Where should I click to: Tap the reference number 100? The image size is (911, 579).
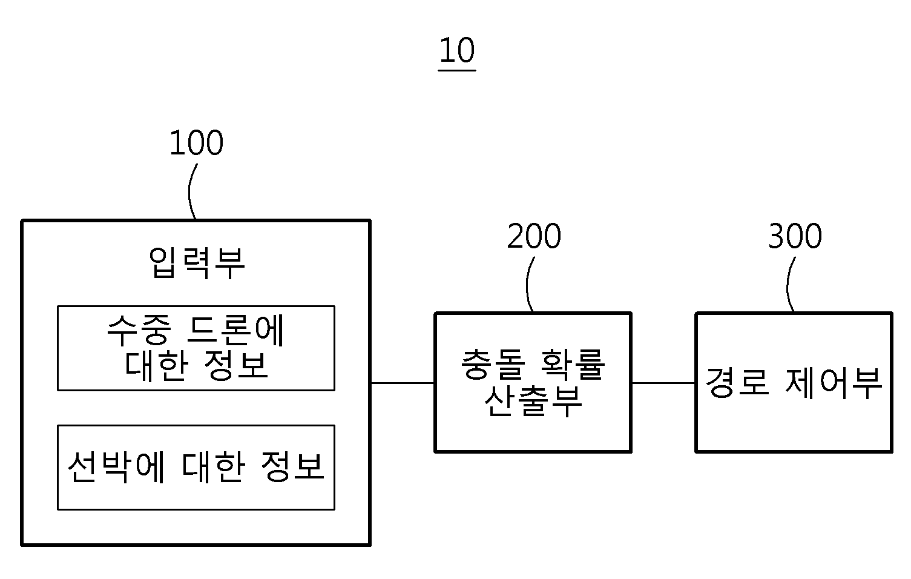coord(197,143)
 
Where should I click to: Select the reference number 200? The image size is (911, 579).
coord(534,236)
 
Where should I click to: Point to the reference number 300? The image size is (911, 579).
coord(795,236)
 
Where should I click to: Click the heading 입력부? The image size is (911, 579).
coord(197,263)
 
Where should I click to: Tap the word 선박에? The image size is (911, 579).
coord(116,467)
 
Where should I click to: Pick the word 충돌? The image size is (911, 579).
coord(493,364)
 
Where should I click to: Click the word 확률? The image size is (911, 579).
coord(573,364)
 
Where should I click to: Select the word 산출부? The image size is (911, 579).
coord(533,401)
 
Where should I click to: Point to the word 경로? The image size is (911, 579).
coord(737,382)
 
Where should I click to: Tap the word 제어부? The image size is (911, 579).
coord(834,383)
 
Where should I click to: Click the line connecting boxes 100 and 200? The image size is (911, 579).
coord(403,383)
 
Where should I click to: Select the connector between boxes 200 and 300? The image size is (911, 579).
coord(663,383)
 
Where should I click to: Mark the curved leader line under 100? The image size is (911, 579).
coord(190,191)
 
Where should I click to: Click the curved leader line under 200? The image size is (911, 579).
coord(527,285)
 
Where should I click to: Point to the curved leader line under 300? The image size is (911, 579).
coord(788,285)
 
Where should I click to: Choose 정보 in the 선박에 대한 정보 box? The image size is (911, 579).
coord(292,467)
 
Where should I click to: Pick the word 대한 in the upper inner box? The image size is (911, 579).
coord(156,366)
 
